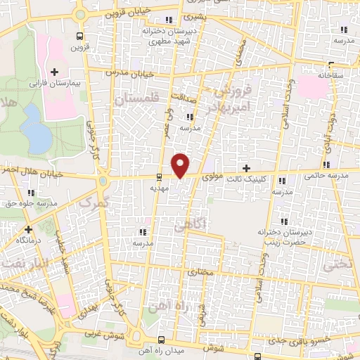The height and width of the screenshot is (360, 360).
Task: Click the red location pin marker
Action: pyautogui.click(x=181, y=165)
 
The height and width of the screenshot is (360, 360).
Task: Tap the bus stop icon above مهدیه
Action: pyautogui.click(x=159, y=177)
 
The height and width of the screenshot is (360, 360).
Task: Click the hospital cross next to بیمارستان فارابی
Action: pyautogui.click(x=54, y=72)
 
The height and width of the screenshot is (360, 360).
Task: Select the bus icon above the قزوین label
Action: pyautogui.click(x=79, y=36)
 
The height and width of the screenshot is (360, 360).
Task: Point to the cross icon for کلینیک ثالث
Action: pyautogui.click(x=245, y=168)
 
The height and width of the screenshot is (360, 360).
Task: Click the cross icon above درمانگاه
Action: pyautogui.click(x=28, y=229)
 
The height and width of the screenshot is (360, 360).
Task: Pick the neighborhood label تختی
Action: pyautogui.click(x=335, y=266)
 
